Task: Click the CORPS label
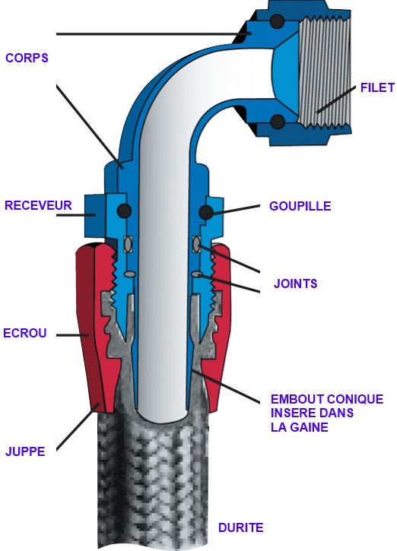[27, 58]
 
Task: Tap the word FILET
[378, 87]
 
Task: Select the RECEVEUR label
[38, 205]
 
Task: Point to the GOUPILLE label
[300, 206]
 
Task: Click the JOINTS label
[295, 283]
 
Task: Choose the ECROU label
[24, 333]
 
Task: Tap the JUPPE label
[25, 451]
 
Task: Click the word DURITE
[241, 527]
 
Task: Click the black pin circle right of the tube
[206, 212]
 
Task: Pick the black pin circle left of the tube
[124, 211]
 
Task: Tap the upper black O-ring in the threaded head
[277, 21]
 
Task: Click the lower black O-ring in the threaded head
[278, 122]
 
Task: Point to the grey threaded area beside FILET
[324, 73]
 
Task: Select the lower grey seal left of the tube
[129, 274]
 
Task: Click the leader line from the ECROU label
[72, 336]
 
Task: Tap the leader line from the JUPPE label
[78, 426]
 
